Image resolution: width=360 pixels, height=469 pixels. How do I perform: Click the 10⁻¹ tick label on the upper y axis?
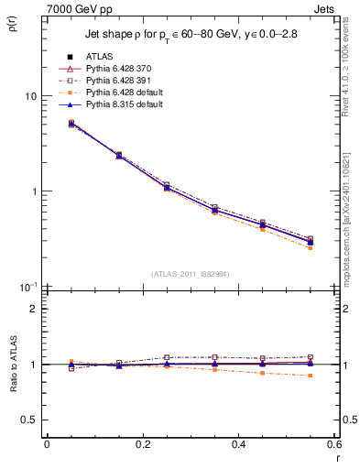click(x=28, y=287)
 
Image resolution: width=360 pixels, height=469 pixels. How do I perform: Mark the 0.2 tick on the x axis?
click(x=142, y=444)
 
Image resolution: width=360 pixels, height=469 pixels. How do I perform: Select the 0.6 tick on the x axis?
click(x=334, y=444)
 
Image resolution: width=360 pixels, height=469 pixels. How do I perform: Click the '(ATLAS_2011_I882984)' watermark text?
click(x=191, y=274)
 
